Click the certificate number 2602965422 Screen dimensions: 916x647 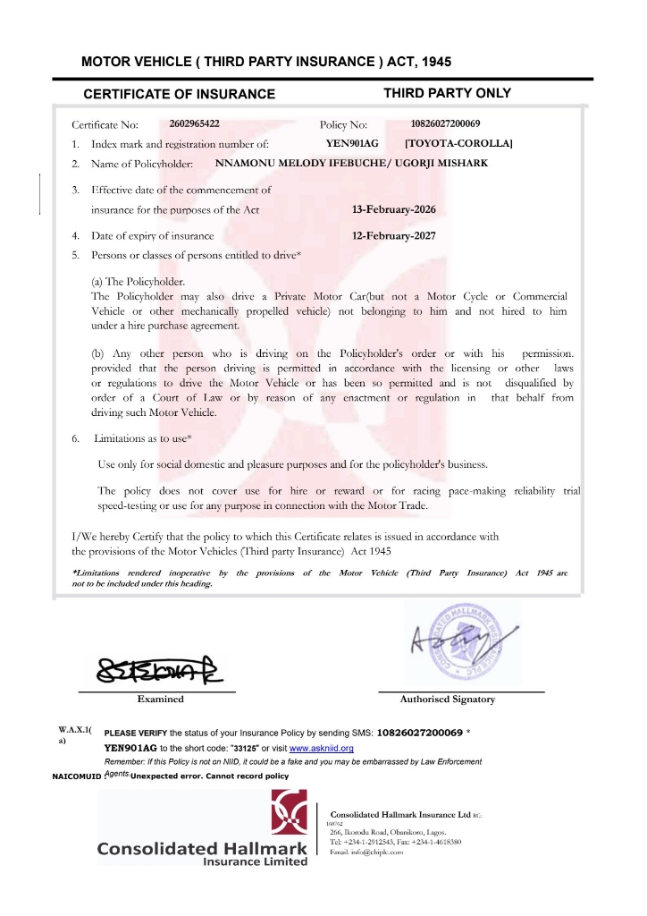pos(194,124)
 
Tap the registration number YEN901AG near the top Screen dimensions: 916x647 pos(353,143)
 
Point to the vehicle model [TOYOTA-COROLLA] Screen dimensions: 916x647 pos(458,143)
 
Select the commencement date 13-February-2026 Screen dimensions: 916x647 pos(395,210)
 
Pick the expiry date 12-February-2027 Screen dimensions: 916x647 pos(395,236)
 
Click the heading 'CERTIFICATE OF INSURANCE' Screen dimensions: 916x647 pos(179,94)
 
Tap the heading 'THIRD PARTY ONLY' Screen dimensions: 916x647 pos(447,93)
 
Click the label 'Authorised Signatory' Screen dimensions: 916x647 pos(447,700)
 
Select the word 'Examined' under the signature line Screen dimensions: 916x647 pos(160,700)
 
